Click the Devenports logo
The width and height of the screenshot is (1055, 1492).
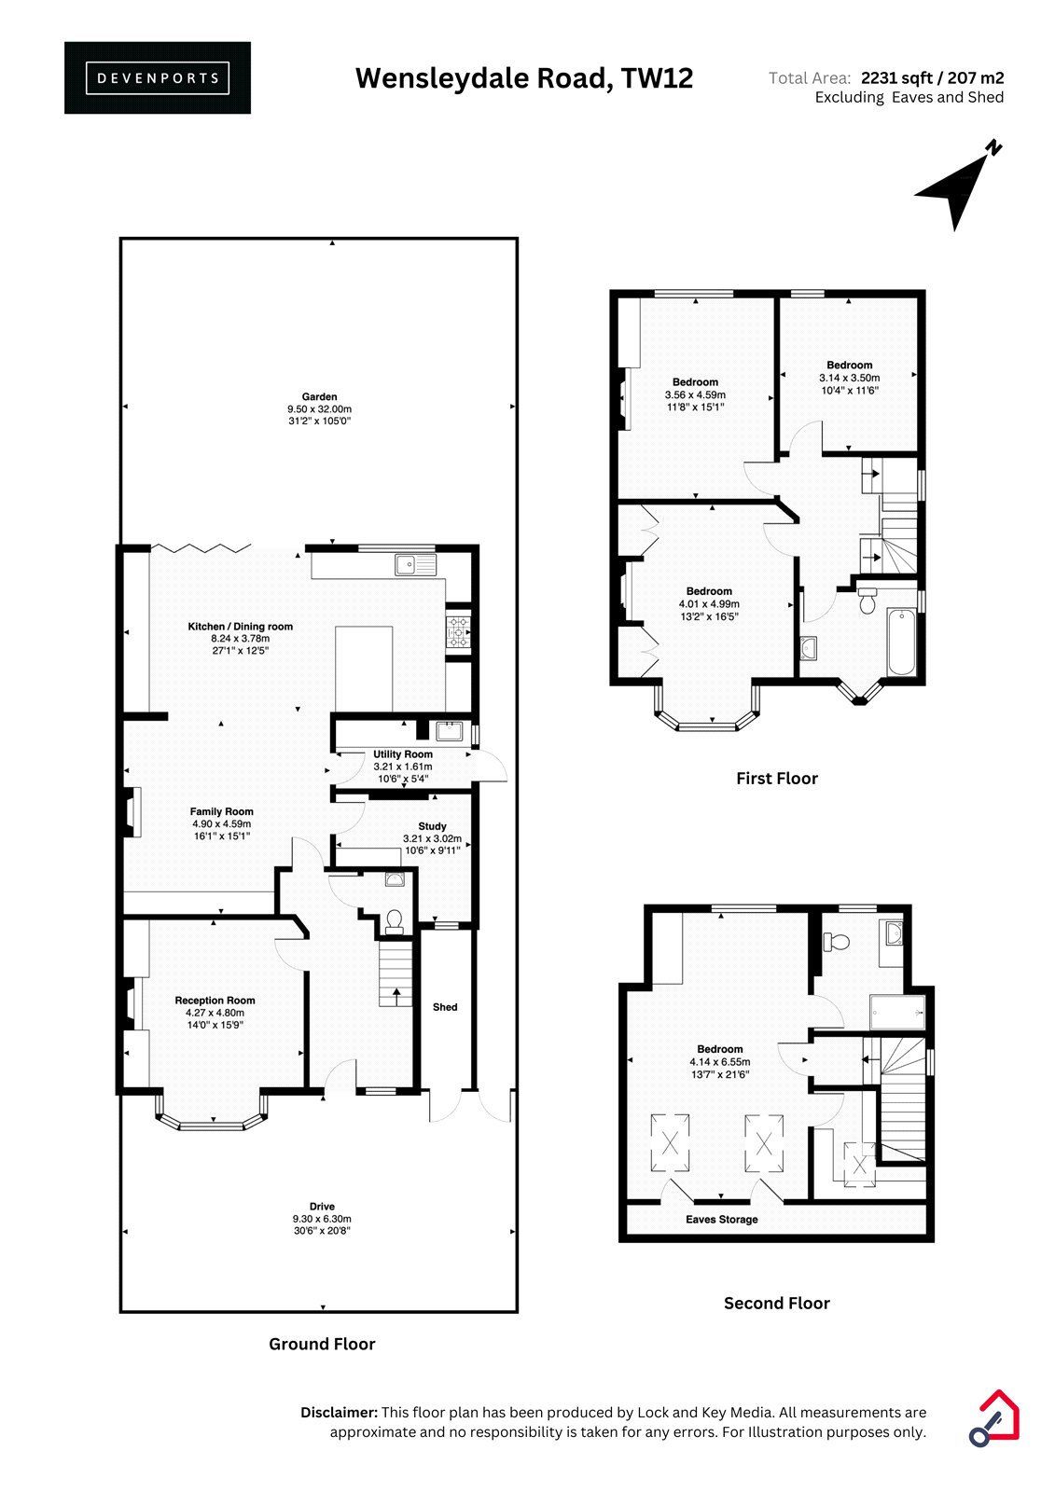158,78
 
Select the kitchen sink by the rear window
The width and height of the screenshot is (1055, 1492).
415,565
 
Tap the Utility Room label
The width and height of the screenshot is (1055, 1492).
403,754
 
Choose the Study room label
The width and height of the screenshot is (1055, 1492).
432,826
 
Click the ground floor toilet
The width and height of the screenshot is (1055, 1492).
394,920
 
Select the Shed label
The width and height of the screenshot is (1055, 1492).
445,1007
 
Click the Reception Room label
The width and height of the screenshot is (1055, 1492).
215,1001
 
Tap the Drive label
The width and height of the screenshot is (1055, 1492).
322,1207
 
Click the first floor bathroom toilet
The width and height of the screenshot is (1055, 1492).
868,601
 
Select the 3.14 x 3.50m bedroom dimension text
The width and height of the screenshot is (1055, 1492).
849,378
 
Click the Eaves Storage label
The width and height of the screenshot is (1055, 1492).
722,1220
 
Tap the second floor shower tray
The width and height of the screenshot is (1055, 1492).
897,1013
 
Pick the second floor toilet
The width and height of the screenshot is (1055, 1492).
837,942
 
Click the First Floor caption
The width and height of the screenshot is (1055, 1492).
776,778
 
